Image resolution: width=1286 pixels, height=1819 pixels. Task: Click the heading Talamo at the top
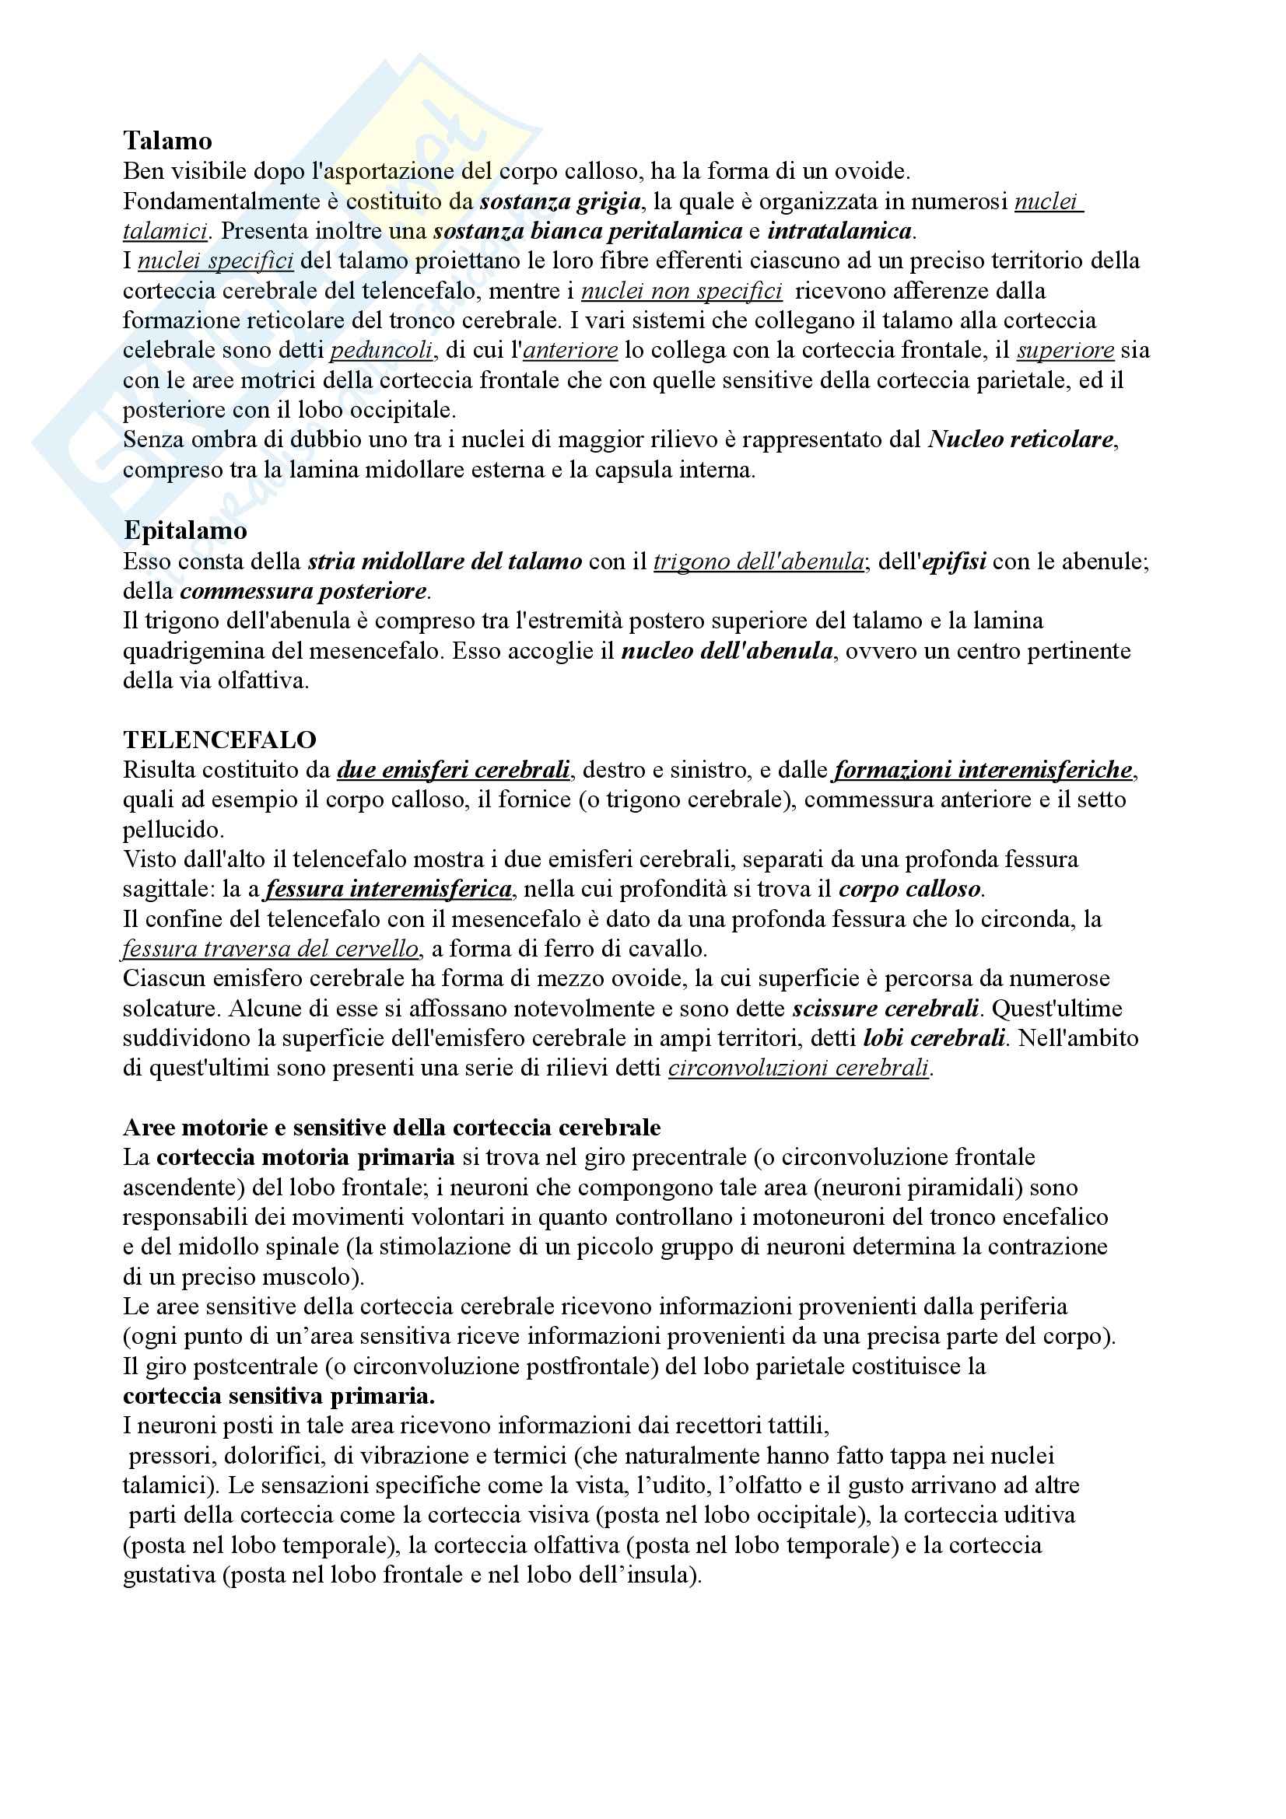pos(167,141)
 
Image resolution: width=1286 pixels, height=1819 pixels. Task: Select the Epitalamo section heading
pos(184,530)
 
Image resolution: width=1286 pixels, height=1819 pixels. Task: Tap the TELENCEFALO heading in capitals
pos(219,739)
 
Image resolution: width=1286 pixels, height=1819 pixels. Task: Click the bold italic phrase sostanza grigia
pos(559,201)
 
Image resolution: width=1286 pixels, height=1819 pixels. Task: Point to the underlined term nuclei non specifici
pos(682,291)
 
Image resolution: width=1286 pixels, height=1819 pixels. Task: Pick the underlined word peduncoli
pos(381,350)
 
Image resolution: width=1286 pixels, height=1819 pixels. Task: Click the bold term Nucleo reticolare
pos(1021,439)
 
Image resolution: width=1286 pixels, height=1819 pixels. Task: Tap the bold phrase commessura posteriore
pos(303,592)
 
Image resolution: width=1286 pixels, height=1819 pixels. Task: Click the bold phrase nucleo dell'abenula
pos(727,651)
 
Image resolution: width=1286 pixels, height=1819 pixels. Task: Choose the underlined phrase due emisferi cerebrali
pos(454,770)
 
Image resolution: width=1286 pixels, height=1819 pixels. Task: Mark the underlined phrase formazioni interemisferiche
pos(983,770)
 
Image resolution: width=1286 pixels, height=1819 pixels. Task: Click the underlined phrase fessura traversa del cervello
pos(270,948)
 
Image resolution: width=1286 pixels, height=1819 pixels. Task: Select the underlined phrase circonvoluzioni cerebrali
pos(798,1068)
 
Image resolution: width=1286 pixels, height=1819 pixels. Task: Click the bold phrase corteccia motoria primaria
pos(305,1157)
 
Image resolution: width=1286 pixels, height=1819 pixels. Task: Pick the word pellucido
pos(173,830)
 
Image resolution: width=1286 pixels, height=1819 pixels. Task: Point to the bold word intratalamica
pos(839,231)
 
